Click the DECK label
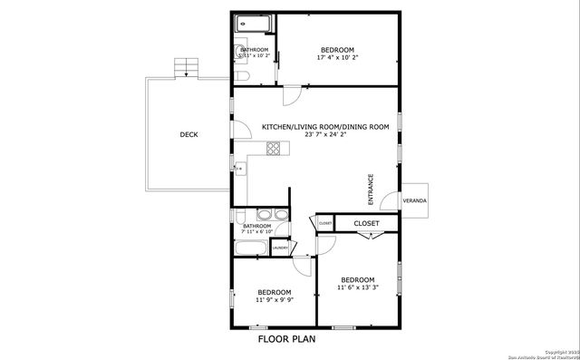(188, 135)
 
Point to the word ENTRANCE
(371, 189)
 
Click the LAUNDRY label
(280, 247)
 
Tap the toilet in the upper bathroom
(240, 52)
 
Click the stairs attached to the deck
(187, 66)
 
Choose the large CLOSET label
(366, 222)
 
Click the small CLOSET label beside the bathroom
(324, 223)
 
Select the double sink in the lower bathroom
(271, 215)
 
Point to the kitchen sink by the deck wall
(239, 168)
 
